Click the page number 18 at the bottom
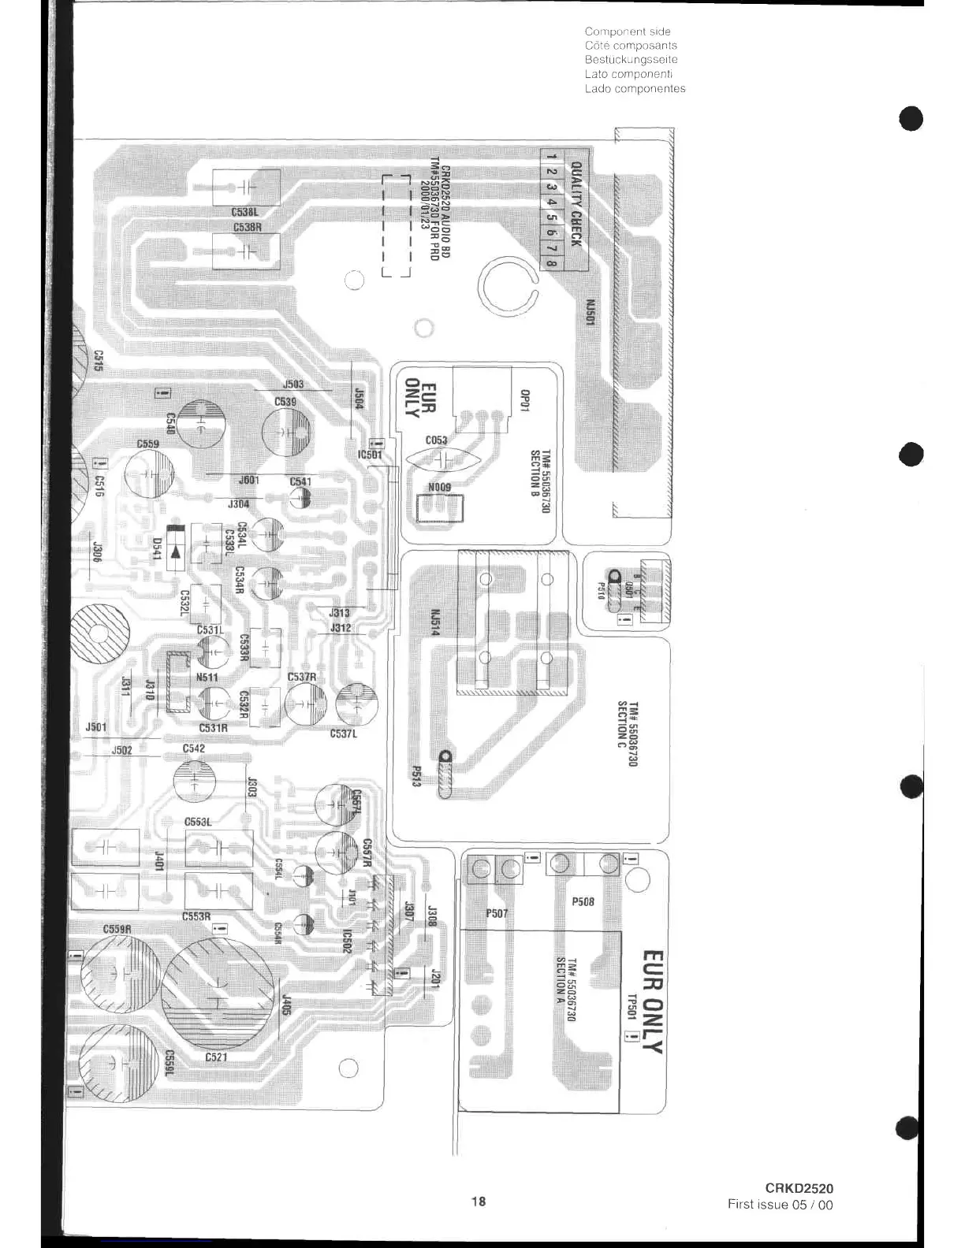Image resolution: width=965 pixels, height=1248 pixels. [479, 1202]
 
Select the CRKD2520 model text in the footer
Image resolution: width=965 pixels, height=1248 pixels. [799, 1189]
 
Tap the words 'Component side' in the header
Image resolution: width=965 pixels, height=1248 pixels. [628, 32]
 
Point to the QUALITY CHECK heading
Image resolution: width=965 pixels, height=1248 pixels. [576, 204]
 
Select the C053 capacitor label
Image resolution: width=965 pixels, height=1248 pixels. [436, 440]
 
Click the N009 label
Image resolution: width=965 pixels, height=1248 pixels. [439, 488]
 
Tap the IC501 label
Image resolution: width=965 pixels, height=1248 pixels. [370, 455]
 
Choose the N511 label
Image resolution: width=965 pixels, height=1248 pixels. [207, 678]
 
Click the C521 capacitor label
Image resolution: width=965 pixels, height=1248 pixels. [216, 1057]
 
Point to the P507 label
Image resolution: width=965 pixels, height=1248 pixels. [497, 914]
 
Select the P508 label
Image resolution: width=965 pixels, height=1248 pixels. [583, 901]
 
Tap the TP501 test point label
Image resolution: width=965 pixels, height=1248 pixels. [631, 1006]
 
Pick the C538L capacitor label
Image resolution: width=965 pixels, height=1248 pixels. [244, 212]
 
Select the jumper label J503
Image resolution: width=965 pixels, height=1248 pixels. [292, 384]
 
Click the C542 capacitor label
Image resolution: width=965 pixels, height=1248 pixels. [193, 748]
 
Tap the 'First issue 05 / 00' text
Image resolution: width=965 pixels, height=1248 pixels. [780, 1205]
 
